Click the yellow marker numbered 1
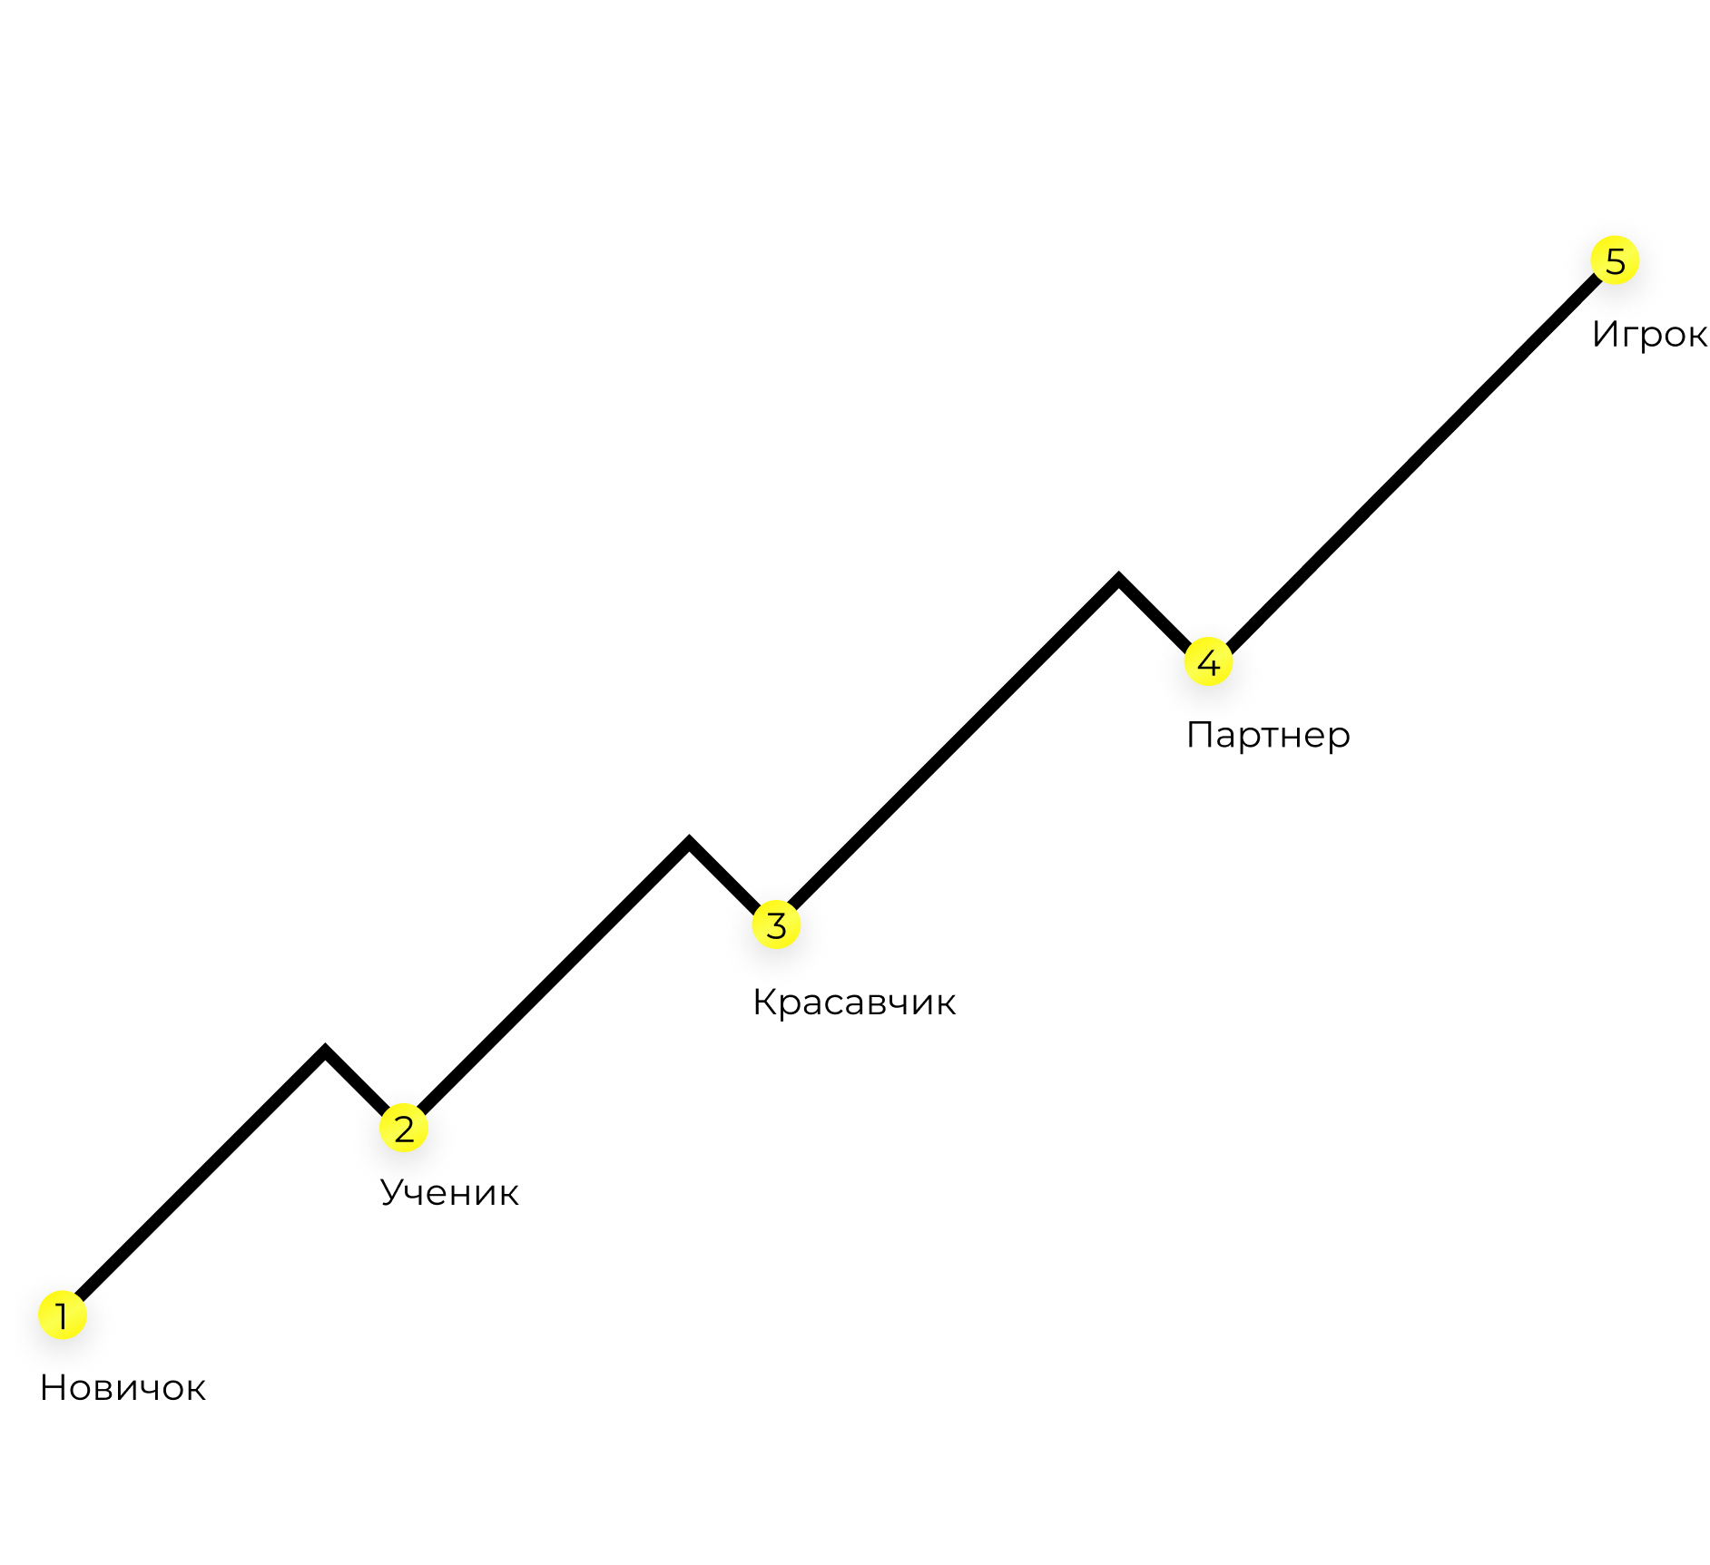[x=63, y=1316]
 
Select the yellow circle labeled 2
[x=404, y=1129]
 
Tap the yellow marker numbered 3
[x=776, y=925]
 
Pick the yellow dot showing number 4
[x=1208, y=662]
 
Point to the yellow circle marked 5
[x=1615, y=261]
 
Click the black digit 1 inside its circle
[x=63, y=1316]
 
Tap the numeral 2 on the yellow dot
[x=404, y=1129]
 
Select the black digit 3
[x=776, y=925]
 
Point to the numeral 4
[x=1208, y=662]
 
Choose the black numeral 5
[x=1615, y=261]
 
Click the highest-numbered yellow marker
[x=1615, y=261]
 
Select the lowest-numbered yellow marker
[x=63, y=1316]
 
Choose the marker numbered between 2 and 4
[x=776, y=925]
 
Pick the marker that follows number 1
[x=404, y=1129]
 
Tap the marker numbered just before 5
[x=1208, y=662]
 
